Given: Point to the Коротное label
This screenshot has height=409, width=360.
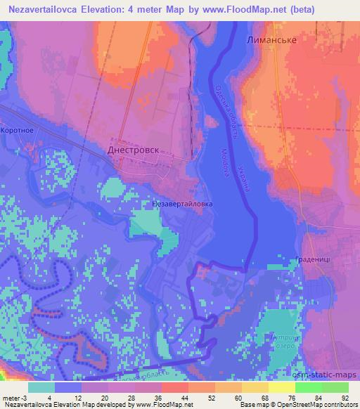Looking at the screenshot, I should (x=18, y=130).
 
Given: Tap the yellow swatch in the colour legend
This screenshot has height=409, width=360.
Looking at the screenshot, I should (x=281, y=387).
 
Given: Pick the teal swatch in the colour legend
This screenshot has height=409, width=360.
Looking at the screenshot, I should (x=42, y=387).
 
